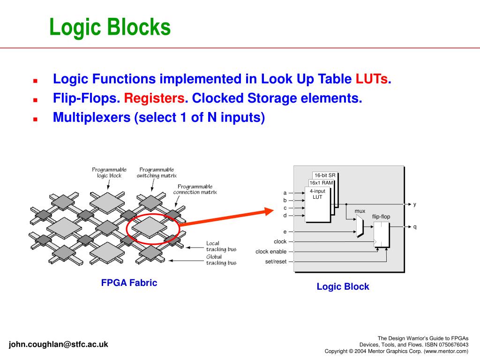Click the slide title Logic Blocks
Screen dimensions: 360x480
click(110, 27)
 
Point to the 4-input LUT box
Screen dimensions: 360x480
click(317, 205)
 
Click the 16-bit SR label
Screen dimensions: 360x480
click(325, 175)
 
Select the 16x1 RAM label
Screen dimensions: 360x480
click(321, 183)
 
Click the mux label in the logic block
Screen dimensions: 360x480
click(360, 211)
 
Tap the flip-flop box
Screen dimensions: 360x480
click(381, 234)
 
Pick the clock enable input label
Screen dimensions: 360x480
click(271, 252)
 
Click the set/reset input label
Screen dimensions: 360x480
click(276, 262)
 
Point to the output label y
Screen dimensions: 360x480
click(414, 204)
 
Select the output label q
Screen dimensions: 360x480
click(414, 227)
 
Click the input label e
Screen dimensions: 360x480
click(285, 232)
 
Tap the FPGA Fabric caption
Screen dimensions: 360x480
click(129, 283)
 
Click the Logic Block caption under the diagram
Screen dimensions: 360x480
click(343, 286)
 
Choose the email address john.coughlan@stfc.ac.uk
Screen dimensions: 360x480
click(58, 344)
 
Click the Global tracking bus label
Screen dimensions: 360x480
click(221, 260)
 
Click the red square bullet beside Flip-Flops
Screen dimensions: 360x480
click(35, 100)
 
